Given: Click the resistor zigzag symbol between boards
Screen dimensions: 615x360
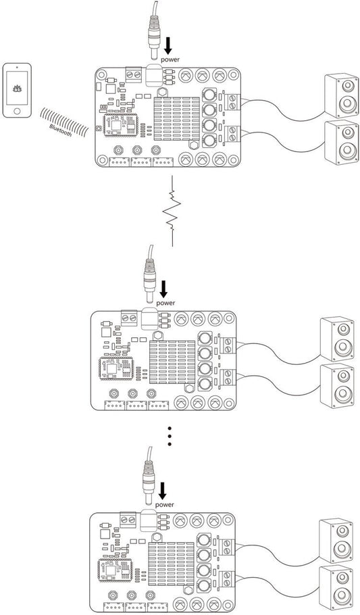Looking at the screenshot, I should pos(174,211).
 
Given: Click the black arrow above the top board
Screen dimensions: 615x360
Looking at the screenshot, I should pos(168,44).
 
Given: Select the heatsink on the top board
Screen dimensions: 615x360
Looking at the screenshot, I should pos(177,118).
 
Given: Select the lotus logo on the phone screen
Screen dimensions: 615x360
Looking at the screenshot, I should pos(16,87).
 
